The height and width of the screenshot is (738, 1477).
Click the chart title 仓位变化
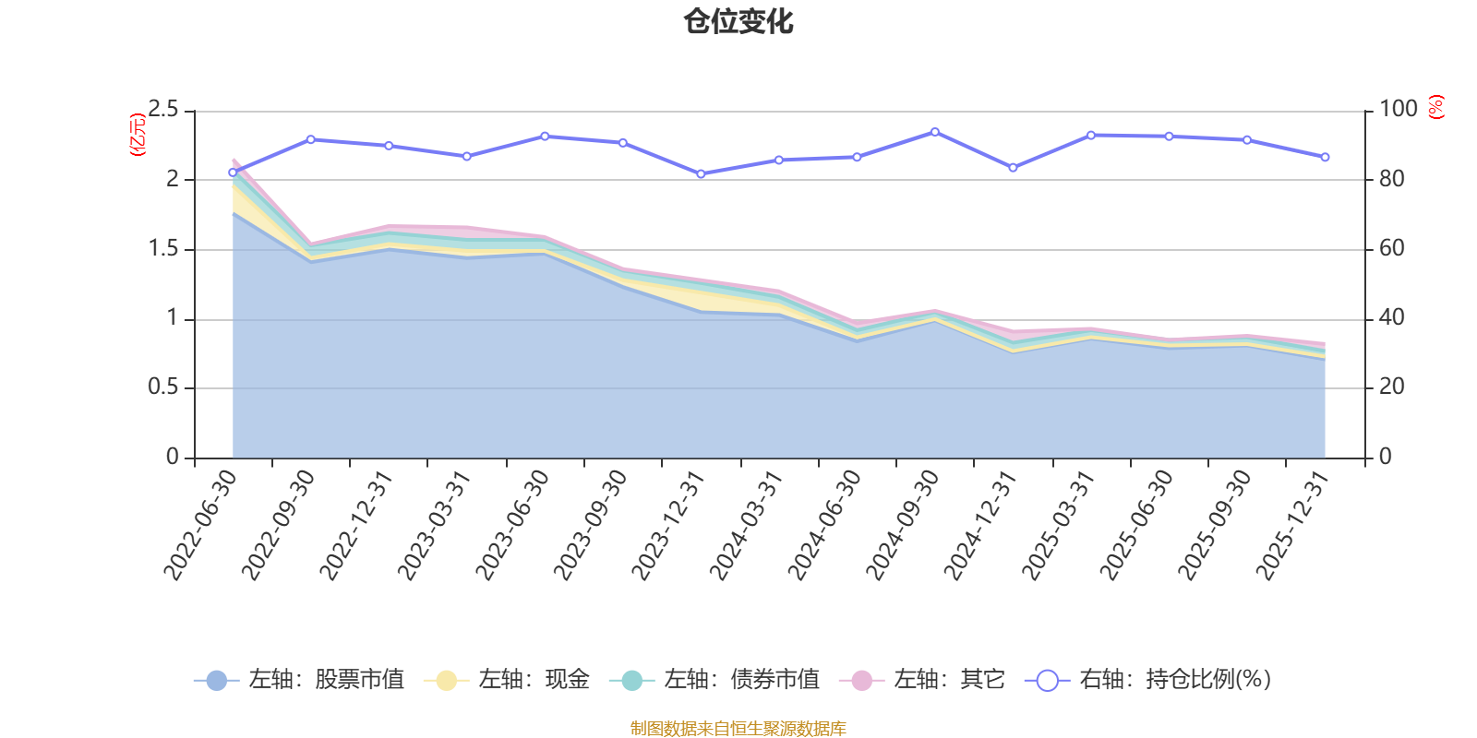tap(738, 22)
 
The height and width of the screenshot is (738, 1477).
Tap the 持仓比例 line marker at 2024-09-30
tap(935, 133)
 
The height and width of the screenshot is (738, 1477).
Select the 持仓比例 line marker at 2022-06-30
tap(233, 173)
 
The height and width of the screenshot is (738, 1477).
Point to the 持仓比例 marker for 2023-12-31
tap(701, 174)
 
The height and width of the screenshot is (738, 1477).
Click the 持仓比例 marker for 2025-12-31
tap(1326, 158)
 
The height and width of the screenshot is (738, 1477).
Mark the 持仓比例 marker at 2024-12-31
tap(1014, 168)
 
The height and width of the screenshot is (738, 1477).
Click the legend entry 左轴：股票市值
tap(299, 679)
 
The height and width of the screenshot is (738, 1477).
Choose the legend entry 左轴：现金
tap(507, 679)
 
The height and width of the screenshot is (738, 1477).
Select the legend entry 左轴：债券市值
tap(714, 679)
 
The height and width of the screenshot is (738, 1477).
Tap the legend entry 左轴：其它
tap(922, 679)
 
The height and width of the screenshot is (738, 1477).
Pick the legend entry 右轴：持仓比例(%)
tap(1148, 679)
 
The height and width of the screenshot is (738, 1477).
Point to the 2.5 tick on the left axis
tap(162, 109)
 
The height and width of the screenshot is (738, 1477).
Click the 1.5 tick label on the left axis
tap(162, 248)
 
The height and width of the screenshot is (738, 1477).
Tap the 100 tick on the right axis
tap(1398, 109)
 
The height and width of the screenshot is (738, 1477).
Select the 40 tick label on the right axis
tap(1391, 317)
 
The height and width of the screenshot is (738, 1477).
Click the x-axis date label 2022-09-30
tap(278, 525)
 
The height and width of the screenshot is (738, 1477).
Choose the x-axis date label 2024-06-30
tap(824, 525)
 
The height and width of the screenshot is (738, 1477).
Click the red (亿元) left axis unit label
tap(138, 135)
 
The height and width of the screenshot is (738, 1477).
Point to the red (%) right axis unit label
tap(1436, 107)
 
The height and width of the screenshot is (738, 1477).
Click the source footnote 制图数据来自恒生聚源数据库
tap(738, 728)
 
